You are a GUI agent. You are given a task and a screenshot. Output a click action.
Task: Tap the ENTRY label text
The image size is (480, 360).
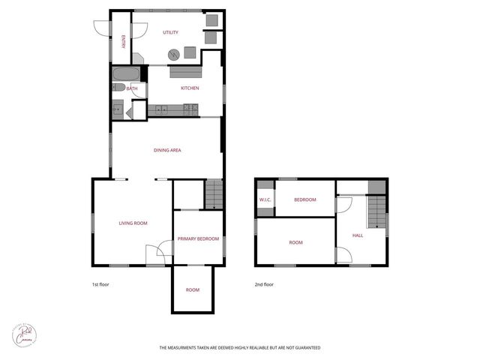(x=124, y=42)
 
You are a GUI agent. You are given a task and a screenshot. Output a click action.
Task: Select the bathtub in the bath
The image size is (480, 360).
(x=124, y=74)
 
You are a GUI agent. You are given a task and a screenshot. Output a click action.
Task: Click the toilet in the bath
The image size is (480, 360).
(x=119, y=88)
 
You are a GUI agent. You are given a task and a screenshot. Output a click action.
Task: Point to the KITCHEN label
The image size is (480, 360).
(x=190, y=88)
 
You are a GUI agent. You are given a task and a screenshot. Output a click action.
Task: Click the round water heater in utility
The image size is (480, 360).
(x=174, y=54)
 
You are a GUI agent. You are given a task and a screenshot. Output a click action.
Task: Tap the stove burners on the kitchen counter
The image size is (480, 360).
(x=190, y=109)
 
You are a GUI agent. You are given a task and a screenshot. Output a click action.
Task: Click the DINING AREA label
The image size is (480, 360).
(x=167, y=150)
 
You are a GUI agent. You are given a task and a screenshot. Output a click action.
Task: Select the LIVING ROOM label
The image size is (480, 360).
(x=133, y=223)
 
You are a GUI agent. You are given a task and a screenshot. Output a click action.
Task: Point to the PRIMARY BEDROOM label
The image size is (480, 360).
(x=198, y=238)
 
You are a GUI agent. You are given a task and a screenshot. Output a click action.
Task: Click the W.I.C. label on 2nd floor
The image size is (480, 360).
(x=265, y=199)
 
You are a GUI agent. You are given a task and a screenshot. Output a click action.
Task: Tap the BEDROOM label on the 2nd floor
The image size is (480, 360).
(x=304, y=199)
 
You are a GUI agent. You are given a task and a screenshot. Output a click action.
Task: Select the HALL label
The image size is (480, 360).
(x=358, y=235)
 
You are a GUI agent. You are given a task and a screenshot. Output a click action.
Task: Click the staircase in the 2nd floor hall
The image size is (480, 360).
(x=376, y=211)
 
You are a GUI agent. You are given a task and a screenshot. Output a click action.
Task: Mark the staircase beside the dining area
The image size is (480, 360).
(x=214, y=195)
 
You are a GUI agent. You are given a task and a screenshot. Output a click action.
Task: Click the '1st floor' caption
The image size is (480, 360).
(x=100, y=284)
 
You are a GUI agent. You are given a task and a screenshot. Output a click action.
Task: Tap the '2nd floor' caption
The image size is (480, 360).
(x=264, y=284)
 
